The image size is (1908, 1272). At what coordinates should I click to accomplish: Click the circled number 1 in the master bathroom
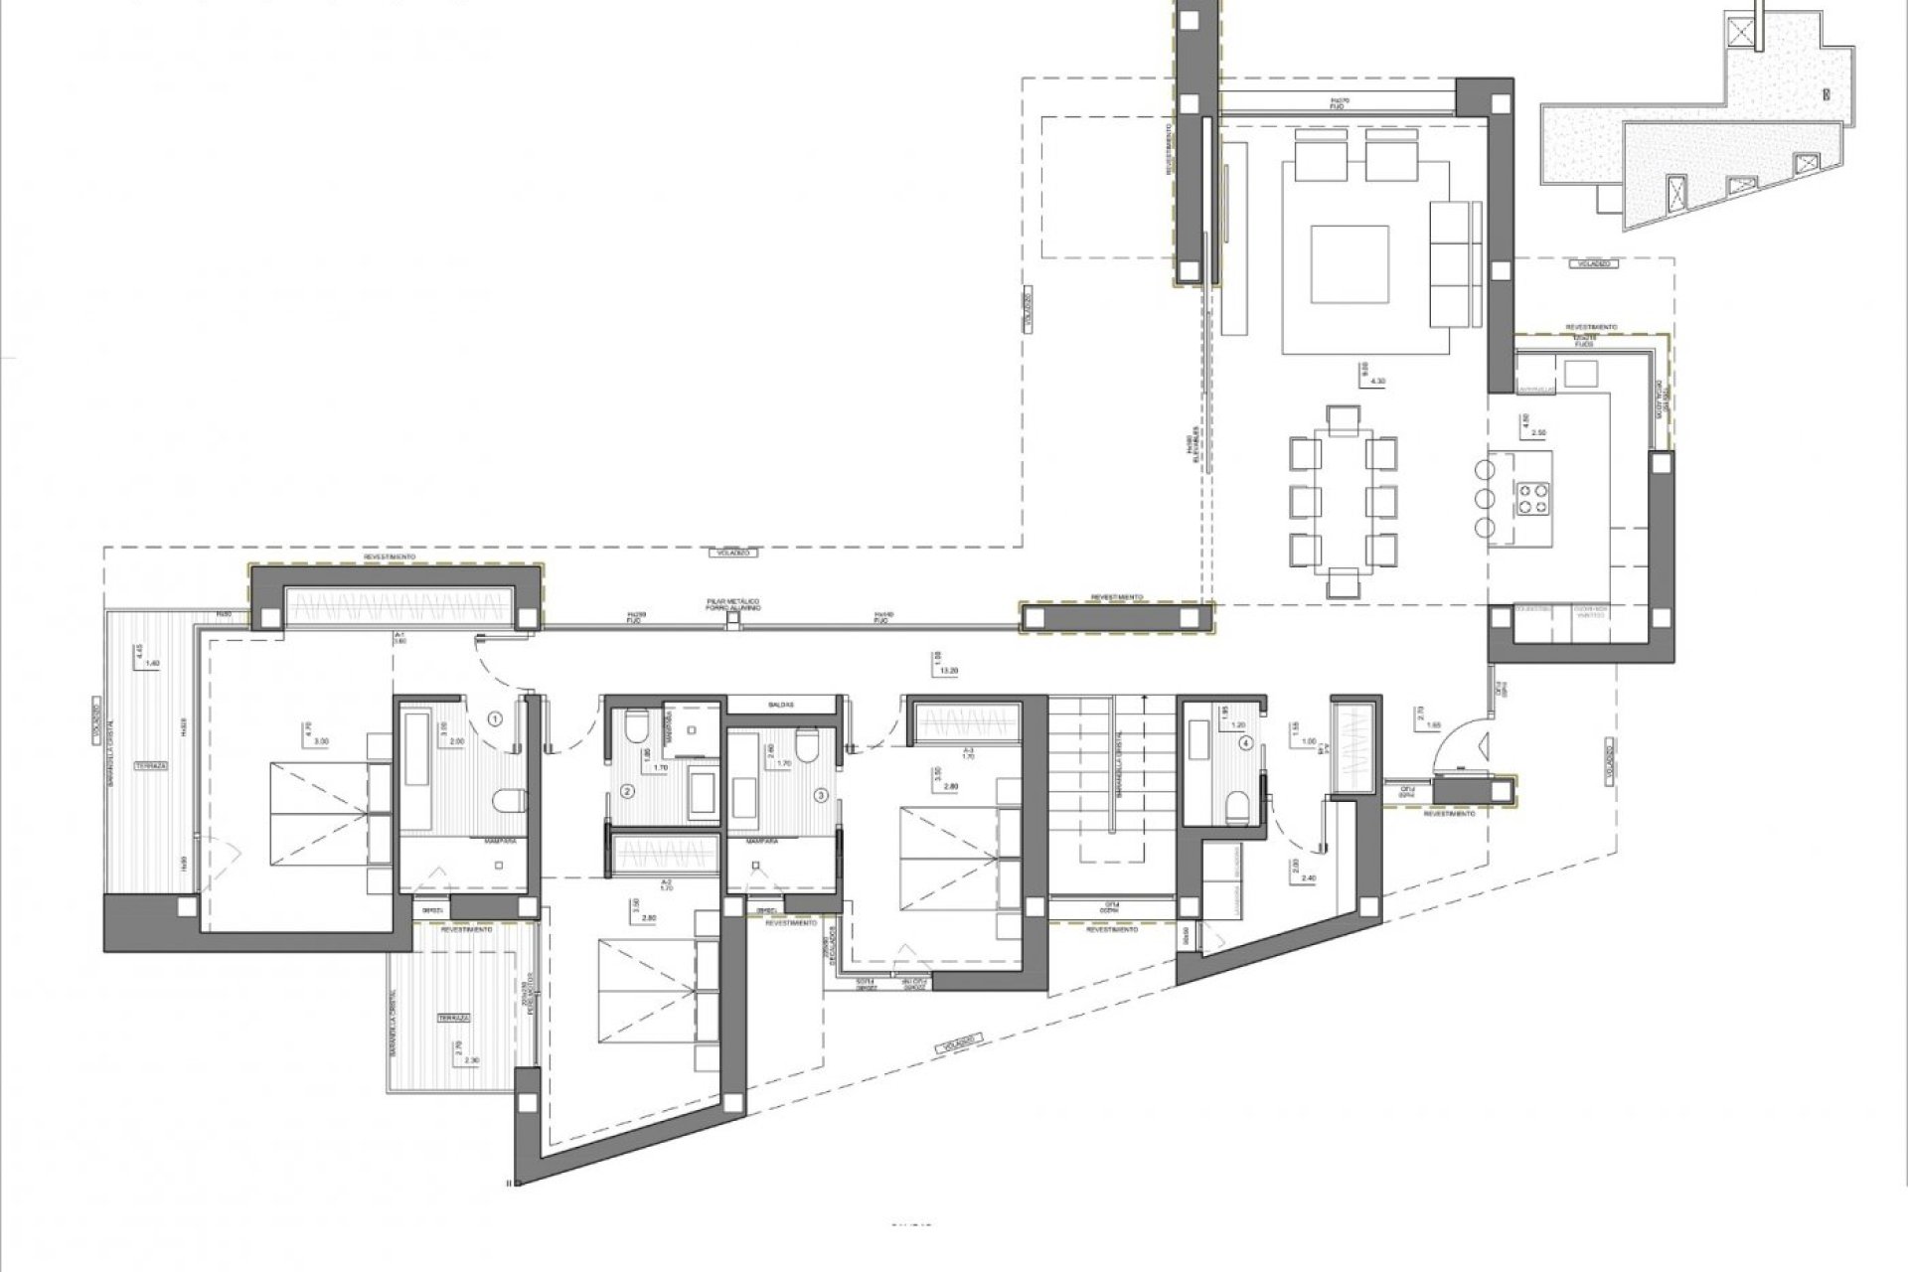pos(496,716)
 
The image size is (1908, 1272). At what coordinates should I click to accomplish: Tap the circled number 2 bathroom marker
pos(627,792)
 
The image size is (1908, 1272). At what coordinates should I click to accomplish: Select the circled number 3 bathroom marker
pos(821,795)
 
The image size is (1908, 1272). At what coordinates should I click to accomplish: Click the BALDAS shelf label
pos(780,704)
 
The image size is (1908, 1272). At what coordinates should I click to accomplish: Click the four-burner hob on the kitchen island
pos(1531,497)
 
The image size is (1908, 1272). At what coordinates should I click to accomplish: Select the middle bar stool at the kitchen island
pos(1485,497)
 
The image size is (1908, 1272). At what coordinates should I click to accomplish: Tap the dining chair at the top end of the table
pos(1342,418)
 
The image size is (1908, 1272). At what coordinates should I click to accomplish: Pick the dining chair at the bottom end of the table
pos(1342,582)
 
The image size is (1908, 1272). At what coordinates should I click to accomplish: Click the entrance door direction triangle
pos(1484,740)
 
